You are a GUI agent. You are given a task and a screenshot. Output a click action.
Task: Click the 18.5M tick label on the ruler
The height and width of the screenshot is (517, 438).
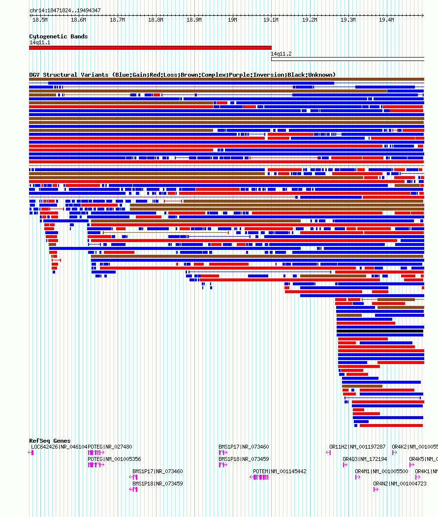pos(40,20)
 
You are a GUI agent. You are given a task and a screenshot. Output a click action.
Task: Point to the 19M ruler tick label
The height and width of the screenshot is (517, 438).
pos(232,20)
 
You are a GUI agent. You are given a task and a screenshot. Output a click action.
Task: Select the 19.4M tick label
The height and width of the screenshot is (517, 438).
pos(386,20)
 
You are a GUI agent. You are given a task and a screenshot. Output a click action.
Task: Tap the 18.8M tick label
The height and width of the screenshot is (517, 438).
pos(156,20)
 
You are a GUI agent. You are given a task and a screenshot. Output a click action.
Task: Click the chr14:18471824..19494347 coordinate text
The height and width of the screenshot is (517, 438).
pos(65,10)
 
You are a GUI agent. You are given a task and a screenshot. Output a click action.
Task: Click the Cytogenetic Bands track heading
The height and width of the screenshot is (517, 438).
pos(58,36)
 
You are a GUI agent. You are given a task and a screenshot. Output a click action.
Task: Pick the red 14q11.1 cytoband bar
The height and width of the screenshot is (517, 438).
pos(150,48)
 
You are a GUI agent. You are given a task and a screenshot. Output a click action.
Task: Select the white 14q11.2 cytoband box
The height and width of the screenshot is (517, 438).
pos(347,59)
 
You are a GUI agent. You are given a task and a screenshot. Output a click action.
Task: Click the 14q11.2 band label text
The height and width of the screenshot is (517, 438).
pos(281,54)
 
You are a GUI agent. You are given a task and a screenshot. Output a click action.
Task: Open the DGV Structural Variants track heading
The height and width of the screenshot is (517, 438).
pos(182,75)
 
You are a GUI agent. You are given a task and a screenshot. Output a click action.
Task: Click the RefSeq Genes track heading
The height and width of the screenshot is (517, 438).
pos(50,441)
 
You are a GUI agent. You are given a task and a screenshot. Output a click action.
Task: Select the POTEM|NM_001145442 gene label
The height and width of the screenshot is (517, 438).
pos(280,471)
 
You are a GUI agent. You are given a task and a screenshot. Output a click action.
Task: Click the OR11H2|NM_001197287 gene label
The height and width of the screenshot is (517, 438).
pos(357,447)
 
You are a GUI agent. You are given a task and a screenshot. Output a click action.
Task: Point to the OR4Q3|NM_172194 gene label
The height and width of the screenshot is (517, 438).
pos(365,459)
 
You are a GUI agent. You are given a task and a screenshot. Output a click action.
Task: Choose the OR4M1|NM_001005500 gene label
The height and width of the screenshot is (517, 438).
pos(381,471)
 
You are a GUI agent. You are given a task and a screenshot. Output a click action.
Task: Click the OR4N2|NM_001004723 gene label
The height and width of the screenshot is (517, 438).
pos(400,484)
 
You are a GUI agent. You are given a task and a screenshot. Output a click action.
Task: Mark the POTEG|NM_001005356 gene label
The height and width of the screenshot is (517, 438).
pos(114,459)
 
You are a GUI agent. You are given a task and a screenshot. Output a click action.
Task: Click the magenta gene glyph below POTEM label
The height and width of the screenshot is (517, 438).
pos(260,477)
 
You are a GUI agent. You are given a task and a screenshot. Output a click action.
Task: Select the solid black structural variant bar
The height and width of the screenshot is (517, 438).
pos(380,331)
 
